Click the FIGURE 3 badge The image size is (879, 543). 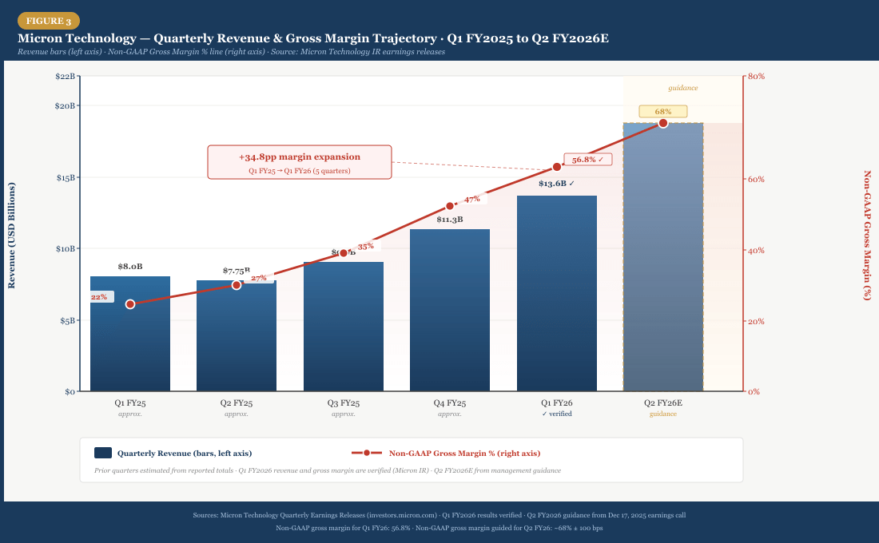tap(48, 21)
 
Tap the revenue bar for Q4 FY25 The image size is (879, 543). tap(450, 311)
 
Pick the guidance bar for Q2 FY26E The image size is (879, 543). tap(662, 256)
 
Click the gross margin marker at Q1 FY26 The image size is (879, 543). tap(557, 167)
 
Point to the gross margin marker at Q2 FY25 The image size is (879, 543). tap(237, 285)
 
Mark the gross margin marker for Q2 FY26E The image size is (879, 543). tap(662, 123)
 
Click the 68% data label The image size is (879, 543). tap(662, 111)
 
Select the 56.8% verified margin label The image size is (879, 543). tap(587, 159)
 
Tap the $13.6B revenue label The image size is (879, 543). tap(556, 184)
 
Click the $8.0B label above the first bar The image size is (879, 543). tap(130, 266)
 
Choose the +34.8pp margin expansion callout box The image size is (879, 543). tap(300, 162)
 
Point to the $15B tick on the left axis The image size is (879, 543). tap(65, 177)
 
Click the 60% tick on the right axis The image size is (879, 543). tap(755, 179)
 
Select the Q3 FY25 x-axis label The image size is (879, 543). tap(344, 403)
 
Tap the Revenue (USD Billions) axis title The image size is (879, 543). tap(11, 235)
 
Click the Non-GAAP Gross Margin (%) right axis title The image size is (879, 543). tap(868, 235)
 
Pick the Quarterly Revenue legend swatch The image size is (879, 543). tap(103, 453)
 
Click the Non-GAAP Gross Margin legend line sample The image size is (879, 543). tap(367, 453)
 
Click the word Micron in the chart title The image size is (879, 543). tap(42, 38)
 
